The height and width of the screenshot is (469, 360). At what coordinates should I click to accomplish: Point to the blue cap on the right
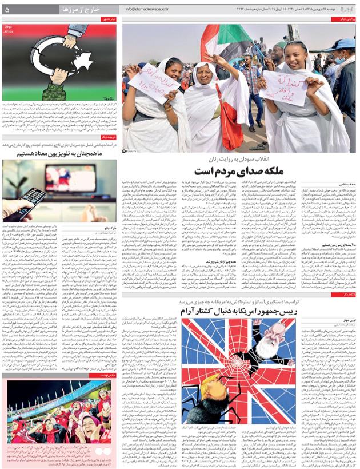(x=346, y=44)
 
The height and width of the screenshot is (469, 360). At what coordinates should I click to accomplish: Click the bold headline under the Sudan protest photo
(x=239, y=171)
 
